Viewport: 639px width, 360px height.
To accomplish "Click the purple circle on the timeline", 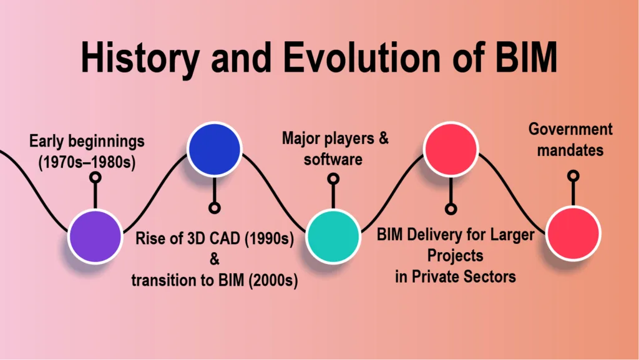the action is [x=95, y=236].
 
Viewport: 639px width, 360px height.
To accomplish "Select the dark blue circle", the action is [x=215, y=149].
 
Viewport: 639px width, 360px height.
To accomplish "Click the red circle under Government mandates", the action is [x=573, y=234].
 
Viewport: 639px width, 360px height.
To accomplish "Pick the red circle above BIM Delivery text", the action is [x=451, y=149].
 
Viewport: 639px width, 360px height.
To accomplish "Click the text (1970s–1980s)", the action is [x=87, y=162].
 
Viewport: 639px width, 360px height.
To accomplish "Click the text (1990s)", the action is [x=269, y=238].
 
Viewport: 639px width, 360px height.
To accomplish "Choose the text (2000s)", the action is [x=273, y=280].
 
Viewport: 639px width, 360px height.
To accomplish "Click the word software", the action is [x=333, y=159].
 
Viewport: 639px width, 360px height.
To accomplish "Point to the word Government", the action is [x=570, y=129].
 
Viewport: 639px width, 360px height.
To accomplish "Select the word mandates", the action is [x=570, y=150].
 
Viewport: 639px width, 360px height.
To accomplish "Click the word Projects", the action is [x=455, y=256].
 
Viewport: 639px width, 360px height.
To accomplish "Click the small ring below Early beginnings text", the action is [x=95, y=177].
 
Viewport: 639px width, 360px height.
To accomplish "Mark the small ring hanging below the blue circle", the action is [x=215, y=208].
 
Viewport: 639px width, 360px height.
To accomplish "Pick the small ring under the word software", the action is [x=333, y=179].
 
